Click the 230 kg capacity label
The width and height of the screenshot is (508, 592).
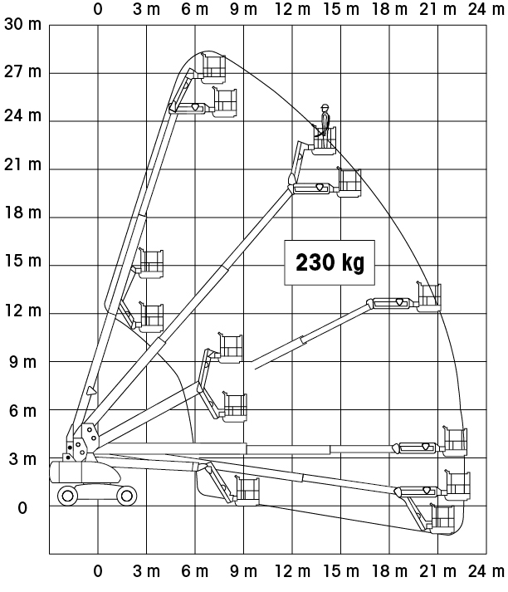tap(330, 262)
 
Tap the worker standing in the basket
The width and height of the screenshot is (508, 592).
tap(325, 121)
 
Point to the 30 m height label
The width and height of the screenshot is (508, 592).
tap(22, 25)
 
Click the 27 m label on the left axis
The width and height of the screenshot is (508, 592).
tap(22, 71)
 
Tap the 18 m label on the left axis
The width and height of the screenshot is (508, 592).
tap(22, 213)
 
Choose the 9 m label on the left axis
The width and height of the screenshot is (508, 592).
tap(22, 363)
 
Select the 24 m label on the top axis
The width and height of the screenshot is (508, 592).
tap(486, 9)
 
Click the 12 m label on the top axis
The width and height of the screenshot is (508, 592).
tap(292, 9)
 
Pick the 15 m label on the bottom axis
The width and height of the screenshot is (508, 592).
tap(341, 571)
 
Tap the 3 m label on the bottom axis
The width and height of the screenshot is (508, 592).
tap(146, 571)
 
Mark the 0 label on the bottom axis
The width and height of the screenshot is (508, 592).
tap(98, 571)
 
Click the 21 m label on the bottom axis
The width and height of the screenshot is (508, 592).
tap(437, 571)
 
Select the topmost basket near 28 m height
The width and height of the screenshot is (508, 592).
tap(213, 69)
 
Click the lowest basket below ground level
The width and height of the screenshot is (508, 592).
tap(442, 519)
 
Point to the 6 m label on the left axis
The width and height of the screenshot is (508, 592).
tap(22, 411)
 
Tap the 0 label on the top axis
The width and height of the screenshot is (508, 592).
tap(98, 9)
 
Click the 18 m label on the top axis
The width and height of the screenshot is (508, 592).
tap(389, 9)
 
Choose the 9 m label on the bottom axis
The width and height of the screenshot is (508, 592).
tap(243, 571)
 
